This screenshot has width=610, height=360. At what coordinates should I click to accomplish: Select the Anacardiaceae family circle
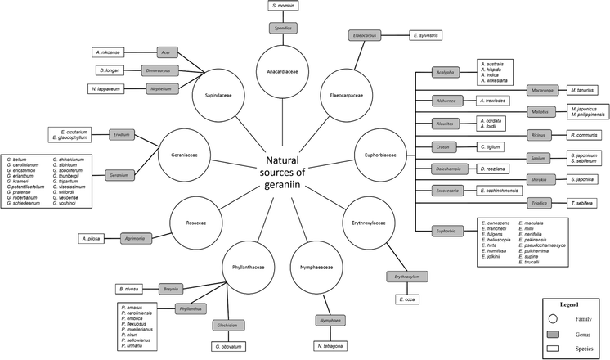click(x=282, y=70)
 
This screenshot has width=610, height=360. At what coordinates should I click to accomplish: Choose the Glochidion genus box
click(x=227, y=325)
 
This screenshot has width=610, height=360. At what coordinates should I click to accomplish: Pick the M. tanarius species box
click(x=582, y=89)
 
